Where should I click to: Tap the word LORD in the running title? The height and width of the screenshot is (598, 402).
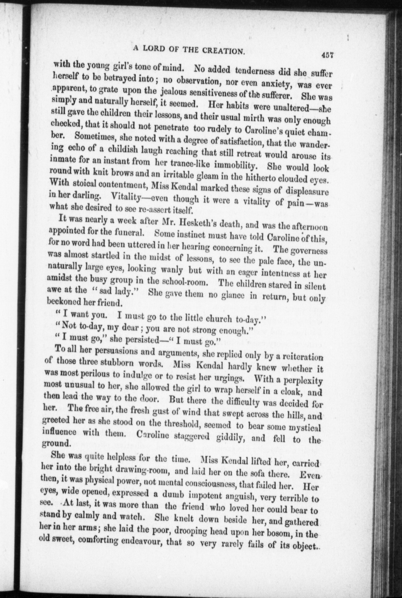pos(156,49)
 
